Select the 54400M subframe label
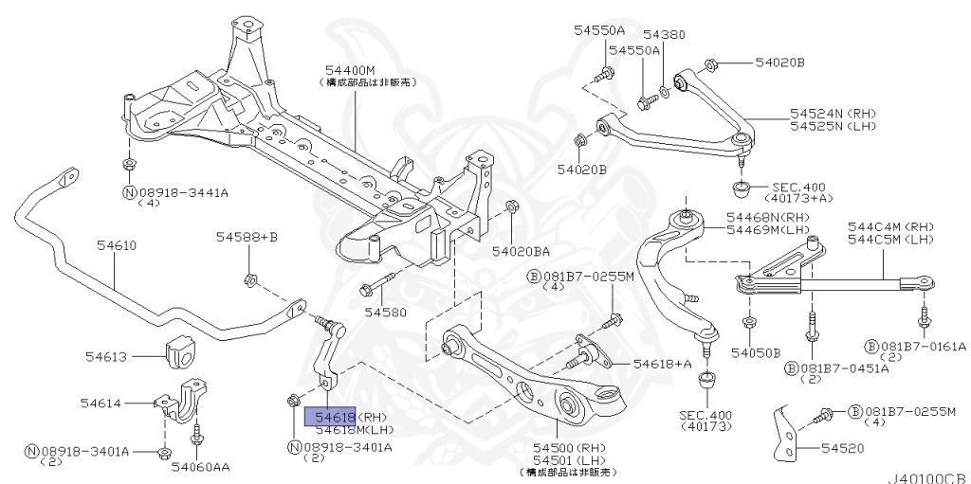pos(350,71)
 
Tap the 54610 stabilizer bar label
pos(117,245)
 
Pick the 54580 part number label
pos(386,311)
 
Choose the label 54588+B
pos(246,236)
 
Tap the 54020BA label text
pos(521,251)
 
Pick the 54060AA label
pos(198,465)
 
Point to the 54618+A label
pos(662,363)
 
